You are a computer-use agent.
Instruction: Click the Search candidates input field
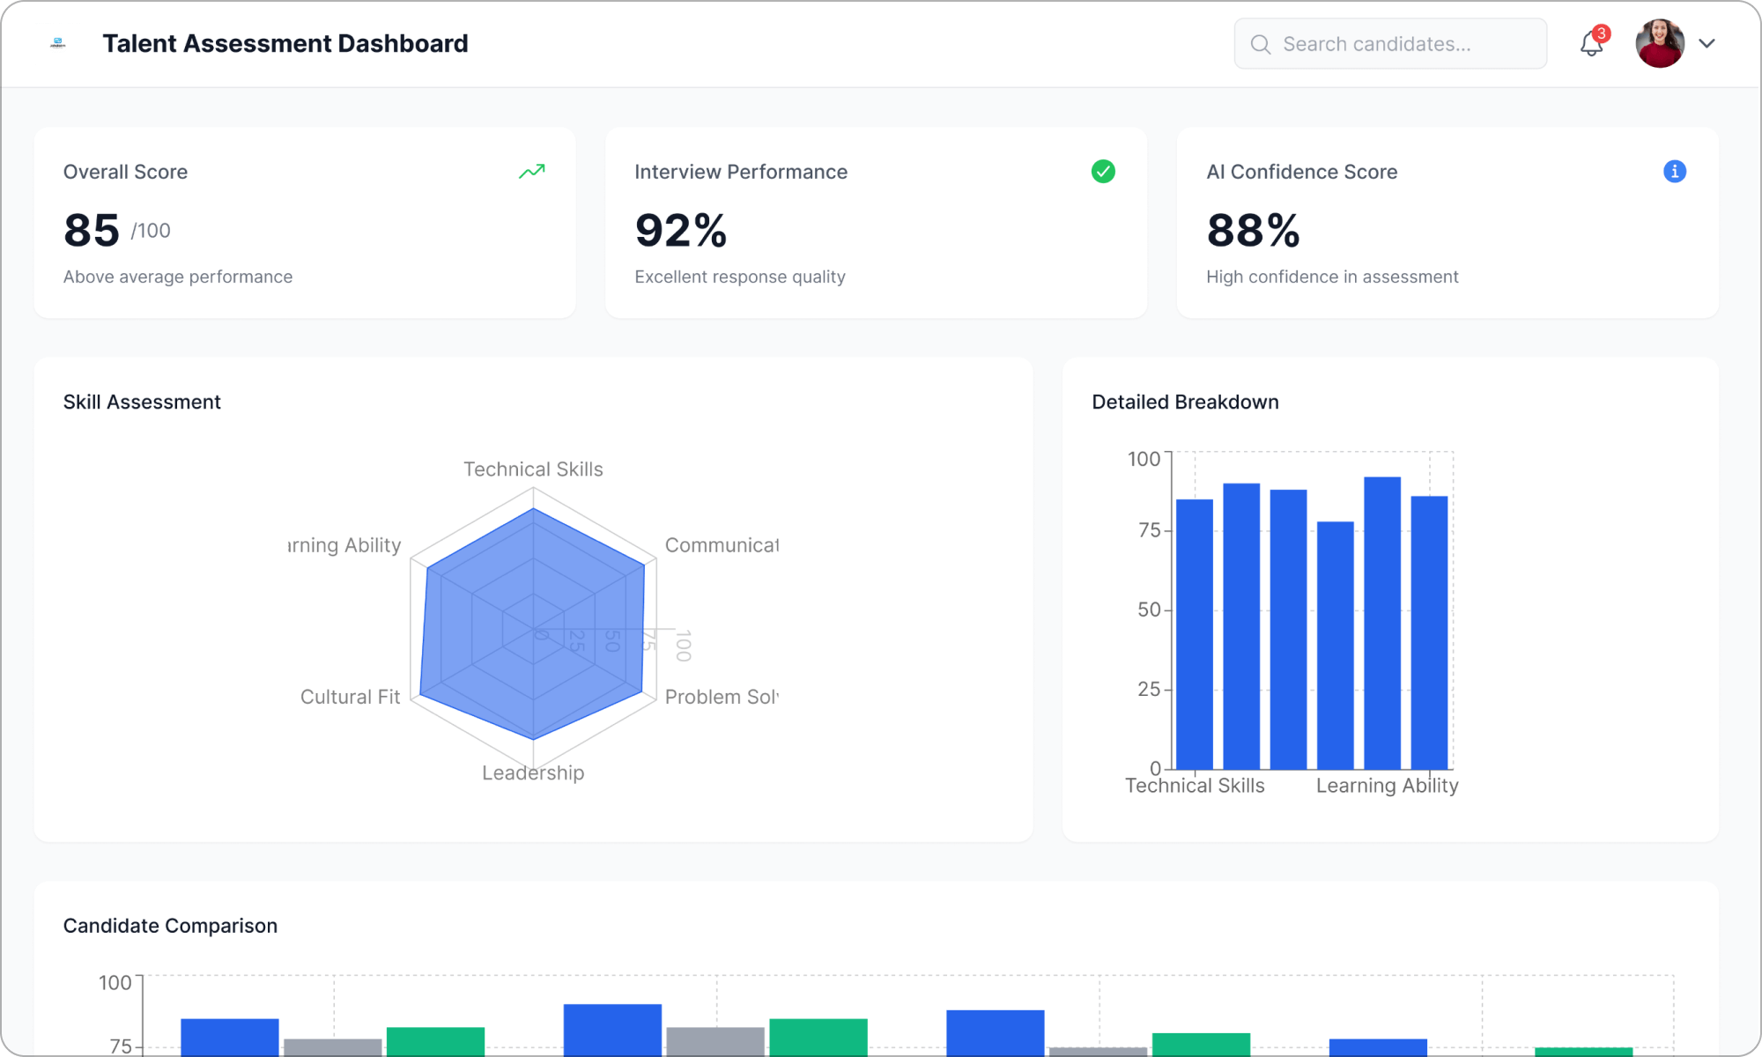1389,44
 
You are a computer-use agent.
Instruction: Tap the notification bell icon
1591,43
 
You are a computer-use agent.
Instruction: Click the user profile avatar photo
1660,43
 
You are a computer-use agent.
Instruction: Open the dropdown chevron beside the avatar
1706,43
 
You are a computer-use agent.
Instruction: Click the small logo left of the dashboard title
58,43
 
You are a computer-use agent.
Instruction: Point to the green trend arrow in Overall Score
531,172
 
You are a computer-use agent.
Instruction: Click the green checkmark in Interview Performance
1103,172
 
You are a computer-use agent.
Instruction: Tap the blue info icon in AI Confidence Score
1674,172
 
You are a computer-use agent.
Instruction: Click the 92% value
680,231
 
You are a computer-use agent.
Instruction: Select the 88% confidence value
1253,231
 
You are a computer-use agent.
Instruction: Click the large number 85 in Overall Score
92,231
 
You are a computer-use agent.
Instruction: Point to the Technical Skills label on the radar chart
533,469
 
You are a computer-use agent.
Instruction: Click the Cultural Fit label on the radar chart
350,697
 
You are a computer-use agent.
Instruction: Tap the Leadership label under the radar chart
533,772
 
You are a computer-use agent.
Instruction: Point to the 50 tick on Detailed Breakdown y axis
1149,610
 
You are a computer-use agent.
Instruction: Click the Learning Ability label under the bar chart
1387,785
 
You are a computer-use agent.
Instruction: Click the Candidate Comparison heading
170,926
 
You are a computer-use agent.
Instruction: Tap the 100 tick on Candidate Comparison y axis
115,982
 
